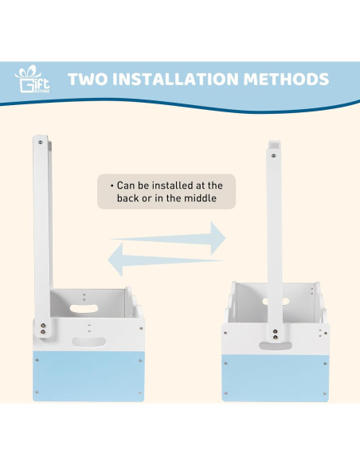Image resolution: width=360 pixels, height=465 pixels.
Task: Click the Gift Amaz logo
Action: (x=33, y=79)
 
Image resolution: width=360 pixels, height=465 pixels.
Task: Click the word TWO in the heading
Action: (x=88, y=79)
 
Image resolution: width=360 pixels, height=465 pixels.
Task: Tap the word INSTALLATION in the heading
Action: (x=175, y=79)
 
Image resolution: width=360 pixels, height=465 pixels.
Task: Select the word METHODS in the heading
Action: (x=286, y=79)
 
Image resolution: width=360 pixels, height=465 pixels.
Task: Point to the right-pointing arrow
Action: (x=168, y=238)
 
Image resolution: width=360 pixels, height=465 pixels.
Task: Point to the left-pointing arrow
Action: (x=165, y=260)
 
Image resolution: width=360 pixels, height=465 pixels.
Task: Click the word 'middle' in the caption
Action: (x=200, y=197)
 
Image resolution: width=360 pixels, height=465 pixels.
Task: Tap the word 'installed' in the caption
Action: (x=172, y=186)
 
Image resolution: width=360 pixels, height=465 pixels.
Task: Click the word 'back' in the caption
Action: (x=127, y=197)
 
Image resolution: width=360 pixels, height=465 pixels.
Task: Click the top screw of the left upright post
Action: (x=41, y=143)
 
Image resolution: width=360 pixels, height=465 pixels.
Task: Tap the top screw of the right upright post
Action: (x=273, y=155)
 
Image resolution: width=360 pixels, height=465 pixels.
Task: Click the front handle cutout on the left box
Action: (x=89, y=342)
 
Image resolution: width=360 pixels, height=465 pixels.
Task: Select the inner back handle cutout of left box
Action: (x=84, y=308)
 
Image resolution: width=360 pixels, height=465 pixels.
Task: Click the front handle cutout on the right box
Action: (x=276, y=346)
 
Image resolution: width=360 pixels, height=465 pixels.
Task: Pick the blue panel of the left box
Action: (x=88, y=377)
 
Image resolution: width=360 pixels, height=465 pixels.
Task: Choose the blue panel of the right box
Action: (x=276, y=378)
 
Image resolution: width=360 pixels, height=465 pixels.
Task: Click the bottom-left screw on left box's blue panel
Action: (x=37, y=393)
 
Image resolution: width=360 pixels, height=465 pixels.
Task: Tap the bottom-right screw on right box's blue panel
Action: (x=324, y=394)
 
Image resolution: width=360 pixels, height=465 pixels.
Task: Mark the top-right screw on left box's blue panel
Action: (x=140, y=361)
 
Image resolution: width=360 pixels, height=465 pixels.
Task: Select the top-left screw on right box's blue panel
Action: (x=225, y=363)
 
